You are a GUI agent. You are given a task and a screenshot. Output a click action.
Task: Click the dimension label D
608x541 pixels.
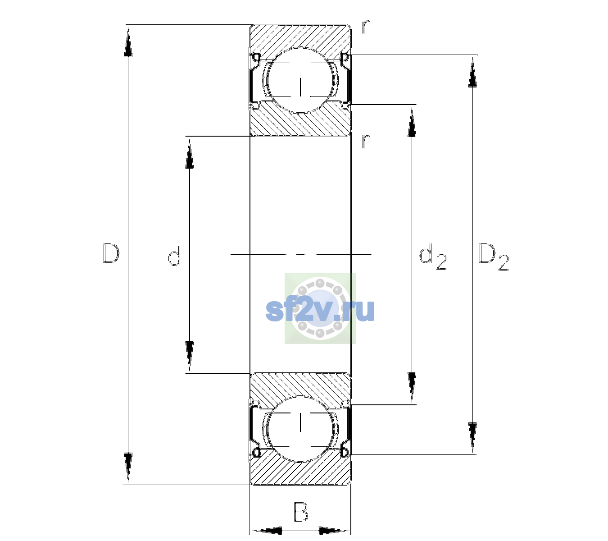pos(111,253)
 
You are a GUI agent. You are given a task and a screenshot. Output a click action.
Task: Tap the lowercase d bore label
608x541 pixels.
pos(175,256)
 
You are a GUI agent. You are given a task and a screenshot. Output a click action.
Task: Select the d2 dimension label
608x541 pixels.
pos(433,257)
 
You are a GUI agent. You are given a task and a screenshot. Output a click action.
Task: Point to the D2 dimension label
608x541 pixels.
pos(494,257)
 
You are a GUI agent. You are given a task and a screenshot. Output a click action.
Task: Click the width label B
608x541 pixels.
pos(301,512)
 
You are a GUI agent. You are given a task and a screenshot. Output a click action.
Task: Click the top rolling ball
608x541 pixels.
pos(300,80)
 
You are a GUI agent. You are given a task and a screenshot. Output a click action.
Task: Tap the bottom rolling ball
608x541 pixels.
pos(300,429)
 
